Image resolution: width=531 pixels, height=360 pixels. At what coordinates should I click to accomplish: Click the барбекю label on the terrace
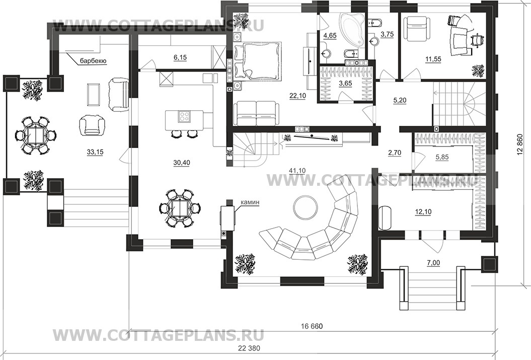point(94,61)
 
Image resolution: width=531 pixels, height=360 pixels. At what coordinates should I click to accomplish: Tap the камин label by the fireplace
point(250,202)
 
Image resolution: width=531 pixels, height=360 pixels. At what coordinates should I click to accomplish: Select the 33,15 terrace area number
point(95,153)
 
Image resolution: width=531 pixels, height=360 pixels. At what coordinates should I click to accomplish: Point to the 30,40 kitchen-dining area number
point(182,163)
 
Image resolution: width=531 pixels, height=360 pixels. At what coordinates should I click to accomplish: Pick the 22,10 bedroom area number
point(297,96)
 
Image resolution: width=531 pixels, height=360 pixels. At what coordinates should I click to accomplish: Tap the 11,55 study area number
point(433,59)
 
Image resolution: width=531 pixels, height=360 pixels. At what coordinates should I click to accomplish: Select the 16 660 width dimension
point(312,326)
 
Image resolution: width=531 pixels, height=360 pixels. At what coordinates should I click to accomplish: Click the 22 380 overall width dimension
point(249,348)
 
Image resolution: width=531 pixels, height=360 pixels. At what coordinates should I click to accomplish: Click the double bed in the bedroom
point(257,61)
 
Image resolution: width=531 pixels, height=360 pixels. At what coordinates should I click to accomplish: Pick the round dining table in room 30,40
point(180,207)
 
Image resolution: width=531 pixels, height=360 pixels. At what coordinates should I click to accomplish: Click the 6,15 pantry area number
point(180,58)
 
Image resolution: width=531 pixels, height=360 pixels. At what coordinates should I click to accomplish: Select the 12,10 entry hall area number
point(423,212)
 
